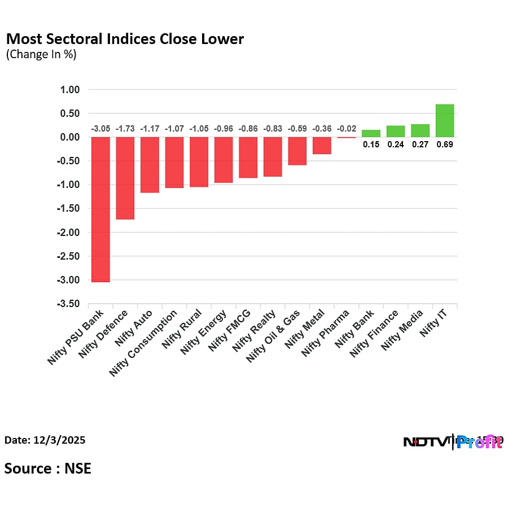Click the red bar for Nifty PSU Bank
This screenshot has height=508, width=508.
point(100,209)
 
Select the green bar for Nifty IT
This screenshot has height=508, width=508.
point(445,121)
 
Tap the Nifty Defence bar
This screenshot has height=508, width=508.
point(125,178)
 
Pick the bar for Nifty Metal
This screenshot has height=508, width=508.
point(322,146)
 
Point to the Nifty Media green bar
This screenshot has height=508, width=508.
point(420,131)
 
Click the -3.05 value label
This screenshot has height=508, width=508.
point(100,129)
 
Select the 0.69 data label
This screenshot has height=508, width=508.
point(445,144)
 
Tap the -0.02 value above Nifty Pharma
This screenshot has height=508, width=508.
point(347,129)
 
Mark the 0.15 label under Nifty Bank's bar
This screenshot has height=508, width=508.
point(371,144)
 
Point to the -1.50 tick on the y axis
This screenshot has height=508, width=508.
point(69,209)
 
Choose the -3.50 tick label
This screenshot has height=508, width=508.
point(69,304)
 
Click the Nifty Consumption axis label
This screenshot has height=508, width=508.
point(144,343)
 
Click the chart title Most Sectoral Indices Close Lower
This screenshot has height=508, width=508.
point(125,39)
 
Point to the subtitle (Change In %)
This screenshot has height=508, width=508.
point(41,55)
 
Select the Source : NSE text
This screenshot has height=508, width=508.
point(48,468)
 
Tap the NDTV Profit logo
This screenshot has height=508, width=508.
point(453,442)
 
